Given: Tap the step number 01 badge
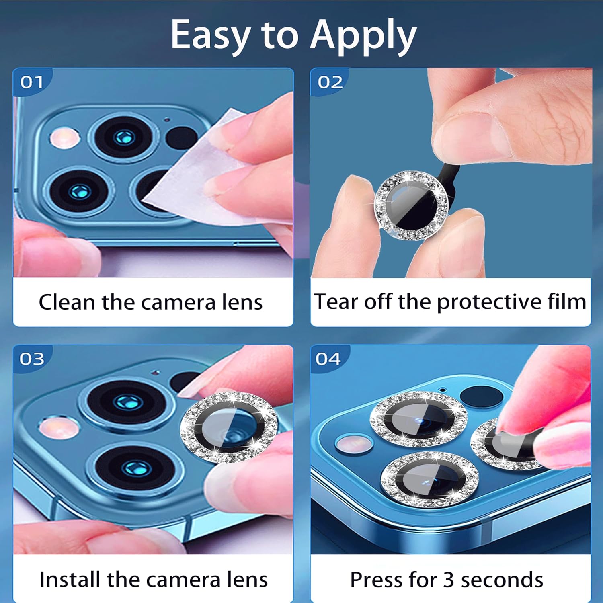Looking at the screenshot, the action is click(32, 82).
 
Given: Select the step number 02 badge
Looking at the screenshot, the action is click(330, 82).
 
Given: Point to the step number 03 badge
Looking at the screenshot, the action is click(32, 359).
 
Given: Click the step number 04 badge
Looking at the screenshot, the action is click(328, 359).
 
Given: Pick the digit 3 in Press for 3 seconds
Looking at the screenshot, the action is click(449, 580).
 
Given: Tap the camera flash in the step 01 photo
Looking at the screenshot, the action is click(64, 137).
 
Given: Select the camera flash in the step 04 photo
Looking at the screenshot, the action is click(354, 443).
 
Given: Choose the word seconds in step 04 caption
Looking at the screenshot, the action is click(502, 580).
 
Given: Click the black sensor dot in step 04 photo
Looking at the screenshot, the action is click(481, 396).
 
